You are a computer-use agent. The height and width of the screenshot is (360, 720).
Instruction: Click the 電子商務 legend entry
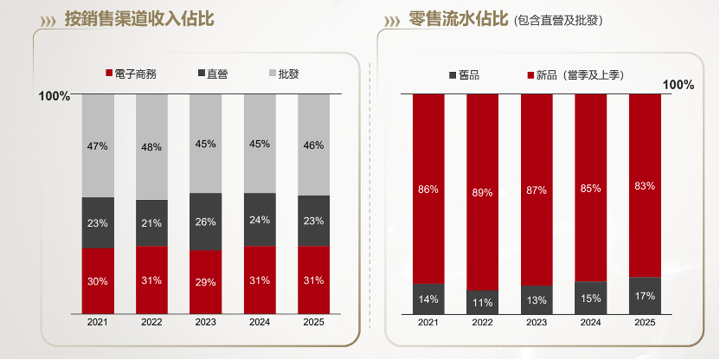(131, 74)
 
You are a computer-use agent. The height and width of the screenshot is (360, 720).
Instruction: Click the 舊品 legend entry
(464, 75)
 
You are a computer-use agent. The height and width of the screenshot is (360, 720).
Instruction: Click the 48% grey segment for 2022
(151, 146)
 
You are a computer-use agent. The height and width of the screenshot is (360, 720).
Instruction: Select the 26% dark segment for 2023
(205, 222)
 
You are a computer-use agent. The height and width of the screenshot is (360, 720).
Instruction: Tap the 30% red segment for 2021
(98, 281)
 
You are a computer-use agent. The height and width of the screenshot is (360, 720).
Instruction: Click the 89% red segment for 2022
(483, 192)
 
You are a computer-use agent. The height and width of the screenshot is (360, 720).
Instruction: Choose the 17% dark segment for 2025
(645, 295)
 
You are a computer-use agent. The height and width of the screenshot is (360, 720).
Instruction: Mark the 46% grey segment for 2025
(313, 145)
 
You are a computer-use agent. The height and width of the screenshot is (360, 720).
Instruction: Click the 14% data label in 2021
(428, 299)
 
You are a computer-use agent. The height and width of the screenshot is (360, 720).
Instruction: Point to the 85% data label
(591, 188)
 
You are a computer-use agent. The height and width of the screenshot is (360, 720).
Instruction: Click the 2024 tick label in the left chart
(260, 323)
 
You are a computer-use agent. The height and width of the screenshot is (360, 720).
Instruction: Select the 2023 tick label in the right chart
(537, 323)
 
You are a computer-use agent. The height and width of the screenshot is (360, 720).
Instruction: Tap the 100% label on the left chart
(55, 96)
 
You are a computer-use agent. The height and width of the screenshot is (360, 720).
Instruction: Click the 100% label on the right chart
(678, 85)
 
